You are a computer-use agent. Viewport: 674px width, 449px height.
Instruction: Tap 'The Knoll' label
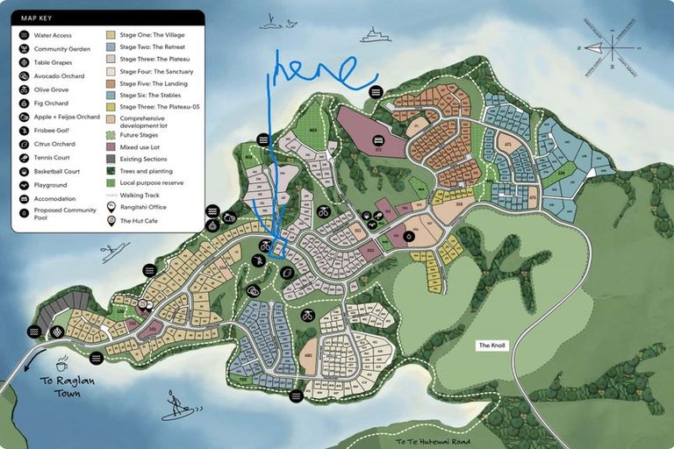491,346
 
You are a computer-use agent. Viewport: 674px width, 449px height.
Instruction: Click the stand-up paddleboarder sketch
178,406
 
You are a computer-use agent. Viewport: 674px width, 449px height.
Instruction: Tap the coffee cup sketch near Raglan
61,363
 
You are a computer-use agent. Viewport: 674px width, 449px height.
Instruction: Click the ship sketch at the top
375,35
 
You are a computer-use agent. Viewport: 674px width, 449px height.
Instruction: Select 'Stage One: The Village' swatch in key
111,35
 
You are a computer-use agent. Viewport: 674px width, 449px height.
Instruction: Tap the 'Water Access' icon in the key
23,35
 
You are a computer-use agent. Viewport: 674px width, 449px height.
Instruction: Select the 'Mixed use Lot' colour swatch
111,147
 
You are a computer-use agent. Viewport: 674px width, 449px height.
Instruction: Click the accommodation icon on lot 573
377,140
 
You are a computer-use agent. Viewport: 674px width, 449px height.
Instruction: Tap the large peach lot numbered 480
307,355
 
